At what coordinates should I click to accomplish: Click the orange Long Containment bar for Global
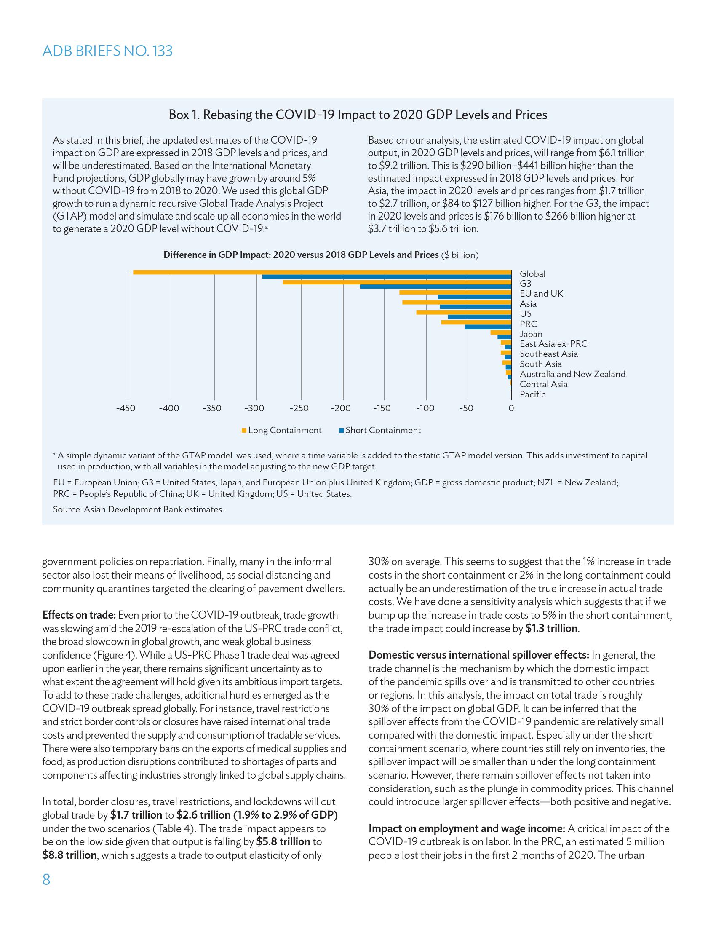(x=322, y=272)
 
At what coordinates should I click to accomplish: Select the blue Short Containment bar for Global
(x=387, y=277)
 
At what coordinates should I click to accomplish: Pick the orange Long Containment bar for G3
(x=397, y=282)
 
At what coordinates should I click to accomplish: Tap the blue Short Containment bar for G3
(x=435, y=287)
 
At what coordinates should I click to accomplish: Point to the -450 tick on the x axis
(x=126, y=408)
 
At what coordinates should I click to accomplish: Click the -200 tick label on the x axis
(x=341, y=408)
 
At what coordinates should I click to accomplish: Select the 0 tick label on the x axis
(x=511, y=408)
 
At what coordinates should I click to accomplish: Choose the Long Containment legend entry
(x=281, y=430)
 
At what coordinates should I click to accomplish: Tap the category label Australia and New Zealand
(x=572, y=374)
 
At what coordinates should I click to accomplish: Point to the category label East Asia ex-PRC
(x=553, y=344)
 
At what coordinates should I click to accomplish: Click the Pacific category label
(x=532, y=394)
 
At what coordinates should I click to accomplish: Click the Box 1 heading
(x=358, y=115)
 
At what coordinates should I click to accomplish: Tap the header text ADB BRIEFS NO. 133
(x=107, y=51)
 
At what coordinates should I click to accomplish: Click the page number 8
(x=46, y=880)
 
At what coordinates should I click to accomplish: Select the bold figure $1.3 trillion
(x=551, y=628)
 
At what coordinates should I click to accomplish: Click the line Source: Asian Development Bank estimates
(x=138, y=509)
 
